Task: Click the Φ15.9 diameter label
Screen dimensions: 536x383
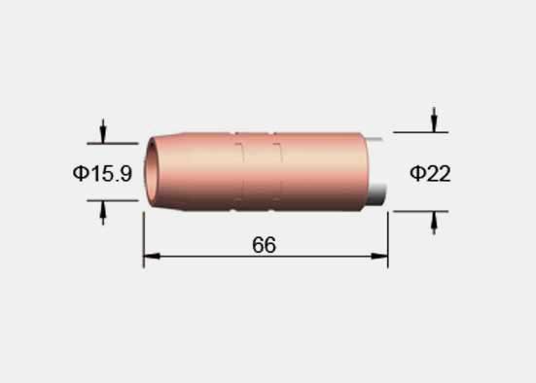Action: pyautogui.click(x=102, y=173)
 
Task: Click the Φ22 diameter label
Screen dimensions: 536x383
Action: pyautogui.click(x=430, y=173)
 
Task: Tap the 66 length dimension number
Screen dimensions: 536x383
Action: pyautogui.click(x=264, y=245)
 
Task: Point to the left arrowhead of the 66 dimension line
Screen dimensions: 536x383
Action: pyautogui.click(x=152, y=256)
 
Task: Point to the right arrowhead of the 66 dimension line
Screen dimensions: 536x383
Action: pyautogui.click(x=379, y=256)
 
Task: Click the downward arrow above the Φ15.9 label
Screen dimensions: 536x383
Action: pyautogui.click(x=103, y=131)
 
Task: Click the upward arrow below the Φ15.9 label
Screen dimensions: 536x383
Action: pyautogui.click(x=103, y=213)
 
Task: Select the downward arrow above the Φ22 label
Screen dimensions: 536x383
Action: pyautogui.click(x=434, y=120)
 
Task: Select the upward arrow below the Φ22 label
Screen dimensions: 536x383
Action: pyautogui.click(x=434, y=224)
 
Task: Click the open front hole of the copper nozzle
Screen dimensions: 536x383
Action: pyautogui.click(x=151, y=171)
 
